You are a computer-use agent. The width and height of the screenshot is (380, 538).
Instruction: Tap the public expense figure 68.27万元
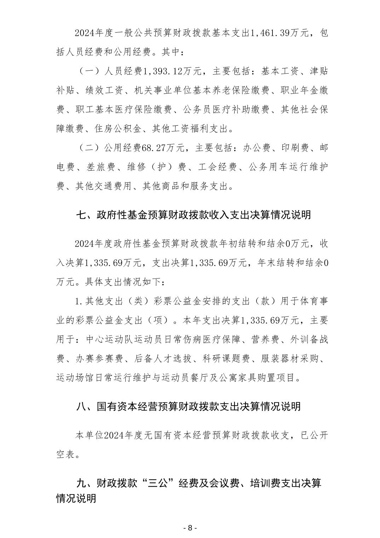click(162, 148)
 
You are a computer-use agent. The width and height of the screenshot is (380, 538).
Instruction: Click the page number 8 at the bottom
click(190, 528)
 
